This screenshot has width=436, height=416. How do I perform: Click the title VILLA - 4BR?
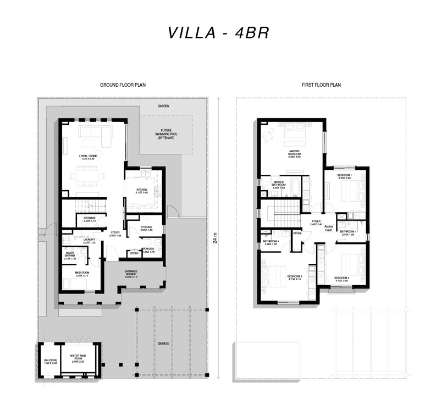pos(218,33)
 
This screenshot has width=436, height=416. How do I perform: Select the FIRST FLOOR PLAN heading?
pos(322,85)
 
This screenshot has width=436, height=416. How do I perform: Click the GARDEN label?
pos(163,106)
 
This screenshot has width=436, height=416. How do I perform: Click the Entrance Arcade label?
pos(134,275)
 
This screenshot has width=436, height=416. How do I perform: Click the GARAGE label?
pos(163,343)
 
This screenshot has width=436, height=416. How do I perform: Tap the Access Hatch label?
pos(329,228)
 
